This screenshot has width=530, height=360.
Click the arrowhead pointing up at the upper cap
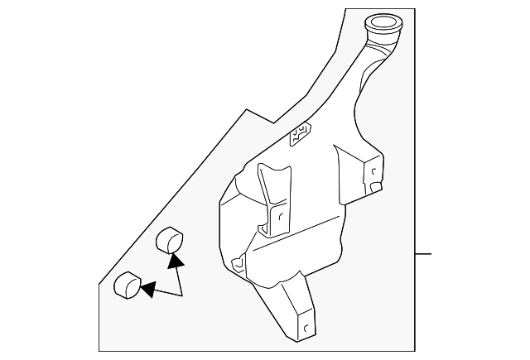pyautogui.click(x=175, y=261)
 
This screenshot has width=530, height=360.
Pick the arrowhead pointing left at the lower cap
pyautogui.click(x=147, y=290)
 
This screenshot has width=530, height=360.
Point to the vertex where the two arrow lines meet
pyautogui.click(x=182, y=295)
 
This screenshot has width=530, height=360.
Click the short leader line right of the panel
pyautogui.click(x=422, y=253)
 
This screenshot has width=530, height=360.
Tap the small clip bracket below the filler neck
pyautogui.click(x=300, y=132)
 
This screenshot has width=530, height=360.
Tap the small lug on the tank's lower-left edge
pyautogui.click(x=238, y=264)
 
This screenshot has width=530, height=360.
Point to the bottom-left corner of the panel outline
pyautogui.click(x=99, y=350)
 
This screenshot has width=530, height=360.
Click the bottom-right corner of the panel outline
pyautogui.click(x=413, y=350)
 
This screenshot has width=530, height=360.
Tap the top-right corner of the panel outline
pyautogui.click(x=413, y=8)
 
